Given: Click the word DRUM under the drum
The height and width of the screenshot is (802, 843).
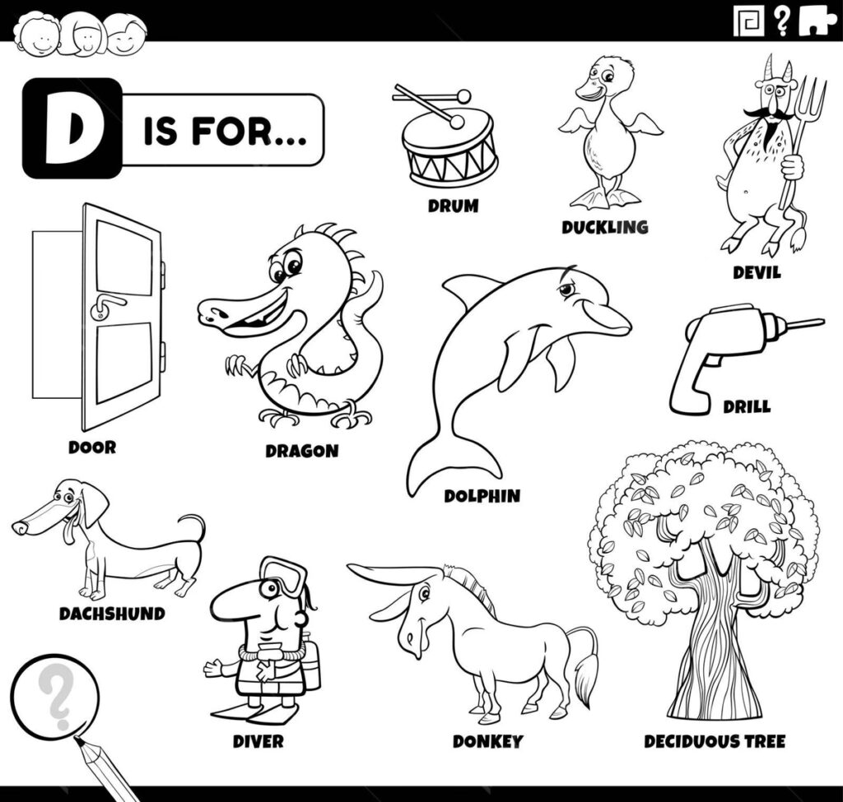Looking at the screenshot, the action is [x=453, y=206].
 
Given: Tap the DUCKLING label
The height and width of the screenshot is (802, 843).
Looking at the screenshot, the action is [x=605, y=227].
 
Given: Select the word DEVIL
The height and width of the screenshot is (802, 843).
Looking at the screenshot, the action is [x=757, y=272].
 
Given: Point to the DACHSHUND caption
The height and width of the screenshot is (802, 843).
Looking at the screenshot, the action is [x=112, y=614].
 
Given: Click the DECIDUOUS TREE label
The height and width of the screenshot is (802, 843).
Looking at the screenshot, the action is [x=715, y=742].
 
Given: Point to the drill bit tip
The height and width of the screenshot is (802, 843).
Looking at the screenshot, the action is [x=822, y=322].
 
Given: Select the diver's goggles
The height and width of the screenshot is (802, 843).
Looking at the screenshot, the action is [x=285, y=574].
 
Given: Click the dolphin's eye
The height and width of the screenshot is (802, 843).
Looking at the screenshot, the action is [x=566, y=290].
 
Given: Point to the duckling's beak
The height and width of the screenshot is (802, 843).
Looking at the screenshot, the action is [x=588, y=91].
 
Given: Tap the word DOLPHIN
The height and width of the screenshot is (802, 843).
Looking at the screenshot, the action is [x=482, y=496].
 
